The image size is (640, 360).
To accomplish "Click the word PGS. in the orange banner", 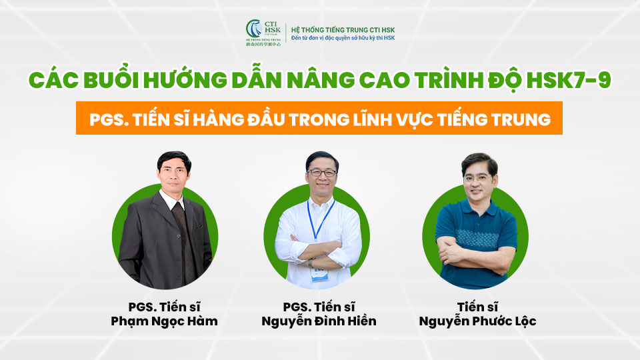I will pos(111,119).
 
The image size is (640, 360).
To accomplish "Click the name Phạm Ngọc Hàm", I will pos(163,321).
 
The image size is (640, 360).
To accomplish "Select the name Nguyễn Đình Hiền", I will pos(320,321).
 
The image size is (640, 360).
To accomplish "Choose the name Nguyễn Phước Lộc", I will pos(477,321).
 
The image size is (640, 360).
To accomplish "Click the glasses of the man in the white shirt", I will pos(322,172).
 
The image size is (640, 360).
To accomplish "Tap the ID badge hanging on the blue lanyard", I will pos(317,271).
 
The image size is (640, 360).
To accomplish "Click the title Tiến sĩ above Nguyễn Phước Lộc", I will pos(477,307).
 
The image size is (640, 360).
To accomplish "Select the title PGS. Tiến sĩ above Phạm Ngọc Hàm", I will pos(163,307).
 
